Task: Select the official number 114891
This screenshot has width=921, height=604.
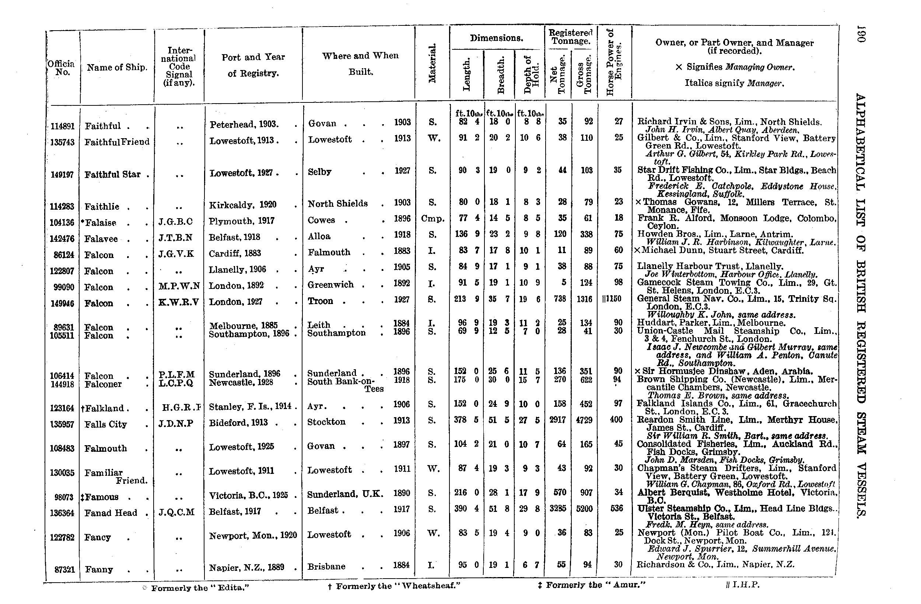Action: click(62, 126)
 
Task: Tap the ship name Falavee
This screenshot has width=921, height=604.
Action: click(101, 239)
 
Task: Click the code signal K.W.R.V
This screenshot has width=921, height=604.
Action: click(179, 302)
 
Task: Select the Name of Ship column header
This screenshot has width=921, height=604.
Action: click(117, 67)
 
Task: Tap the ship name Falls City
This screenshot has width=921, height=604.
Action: click(106, 425)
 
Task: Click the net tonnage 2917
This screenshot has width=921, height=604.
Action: click(558, 420)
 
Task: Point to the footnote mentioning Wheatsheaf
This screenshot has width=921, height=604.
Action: click(394, 586)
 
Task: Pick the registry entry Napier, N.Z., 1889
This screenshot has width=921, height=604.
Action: click(246, 567)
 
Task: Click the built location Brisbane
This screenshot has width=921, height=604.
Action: click(326, 566)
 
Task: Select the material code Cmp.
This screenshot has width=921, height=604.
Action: click(433, 219)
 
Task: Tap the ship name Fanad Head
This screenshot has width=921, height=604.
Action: click(111, 513)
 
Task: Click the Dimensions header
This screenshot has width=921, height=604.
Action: click(497, 38)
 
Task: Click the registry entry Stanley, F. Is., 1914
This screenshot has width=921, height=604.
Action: click(250, 406)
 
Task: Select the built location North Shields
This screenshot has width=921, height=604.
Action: click(337, 203)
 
